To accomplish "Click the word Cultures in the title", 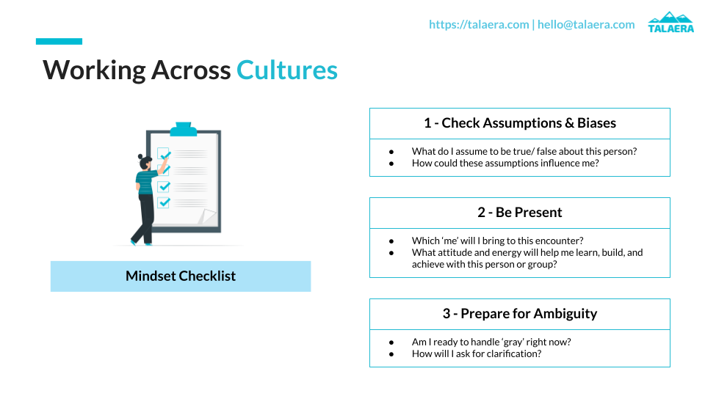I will (x=287, y=70).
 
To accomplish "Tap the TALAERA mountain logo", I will (x=670, y=21).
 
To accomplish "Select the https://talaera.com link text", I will (x=478, y=24).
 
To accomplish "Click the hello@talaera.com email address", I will (x=586, y=24).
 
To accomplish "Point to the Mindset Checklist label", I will (x=181, y=276).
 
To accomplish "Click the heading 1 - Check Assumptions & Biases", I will (x=519, y=123).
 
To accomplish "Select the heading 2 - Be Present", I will (x=519, y=213).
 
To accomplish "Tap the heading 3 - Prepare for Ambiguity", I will (x=519, y=314).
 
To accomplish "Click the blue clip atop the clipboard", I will (x=183, y=130).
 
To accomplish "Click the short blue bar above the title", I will (x=59, y=42).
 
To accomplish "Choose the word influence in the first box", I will (x=537, y=163).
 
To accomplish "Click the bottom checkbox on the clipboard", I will (x=164, y=202).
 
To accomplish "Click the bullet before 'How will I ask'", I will (x=393, y=353).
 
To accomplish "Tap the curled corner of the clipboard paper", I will (x=208, y=217).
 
